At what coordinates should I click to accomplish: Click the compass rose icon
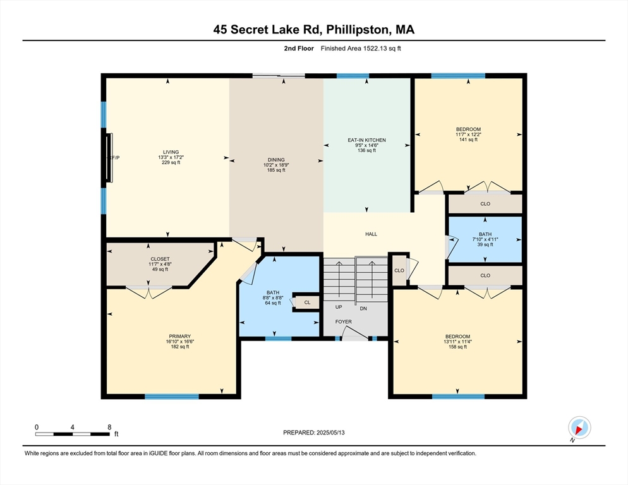579,428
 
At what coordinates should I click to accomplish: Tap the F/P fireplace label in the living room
115,157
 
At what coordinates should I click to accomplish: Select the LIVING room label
171,152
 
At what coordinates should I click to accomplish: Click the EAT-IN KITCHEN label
366,140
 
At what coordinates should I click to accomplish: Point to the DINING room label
276,159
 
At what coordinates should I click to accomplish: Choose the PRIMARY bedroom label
179,336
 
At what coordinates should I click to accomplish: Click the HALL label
371,234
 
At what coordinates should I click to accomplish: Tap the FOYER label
344,321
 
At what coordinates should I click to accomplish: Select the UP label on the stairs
339,308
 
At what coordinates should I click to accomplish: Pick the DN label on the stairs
363,308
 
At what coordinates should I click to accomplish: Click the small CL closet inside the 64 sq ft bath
307,302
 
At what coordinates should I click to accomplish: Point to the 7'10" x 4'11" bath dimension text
485,239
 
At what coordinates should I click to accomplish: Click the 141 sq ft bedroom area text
468,140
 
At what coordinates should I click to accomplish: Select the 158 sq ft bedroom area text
457,347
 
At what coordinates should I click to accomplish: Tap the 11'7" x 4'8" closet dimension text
160,264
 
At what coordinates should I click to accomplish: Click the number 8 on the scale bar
109,427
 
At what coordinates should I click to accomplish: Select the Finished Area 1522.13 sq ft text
360,49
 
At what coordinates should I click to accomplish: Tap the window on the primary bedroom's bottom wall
171,397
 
